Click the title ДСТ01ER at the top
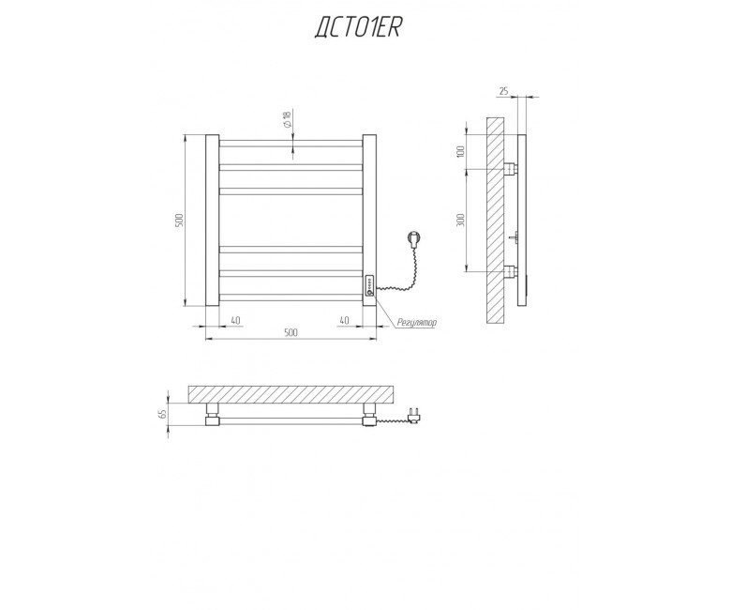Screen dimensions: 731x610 click(x=358, y=28)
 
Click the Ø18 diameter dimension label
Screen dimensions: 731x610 click(x=286, y=120)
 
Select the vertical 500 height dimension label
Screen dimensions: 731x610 click(x=180, y=221)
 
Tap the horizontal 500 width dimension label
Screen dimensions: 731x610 click(x=291, y=332)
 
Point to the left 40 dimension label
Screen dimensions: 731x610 click(x=235, y=320)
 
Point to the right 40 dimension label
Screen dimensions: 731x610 click(x=344, y=320)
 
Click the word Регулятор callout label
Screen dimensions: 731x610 click(x=417, y=322)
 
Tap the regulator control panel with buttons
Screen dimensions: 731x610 click(x=369, y=285)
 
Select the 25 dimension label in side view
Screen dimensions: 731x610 click(x=504, y=91)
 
